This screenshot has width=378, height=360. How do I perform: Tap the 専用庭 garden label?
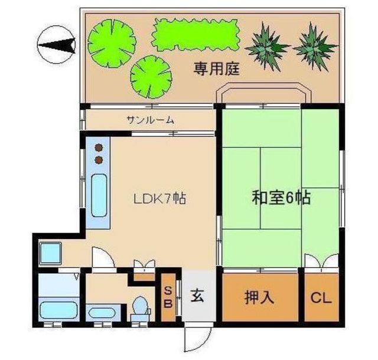tap(216, 69)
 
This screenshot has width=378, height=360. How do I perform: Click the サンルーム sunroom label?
tap(151, 120)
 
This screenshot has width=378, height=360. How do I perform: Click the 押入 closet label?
tap(259, 297)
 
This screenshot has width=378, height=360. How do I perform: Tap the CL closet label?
tap(322, 297)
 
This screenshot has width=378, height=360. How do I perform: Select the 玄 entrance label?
tap(197, 297)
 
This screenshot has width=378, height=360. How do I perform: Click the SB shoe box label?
tap(168, 297)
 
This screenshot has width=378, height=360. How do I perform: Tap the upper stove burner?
tap(99, 148)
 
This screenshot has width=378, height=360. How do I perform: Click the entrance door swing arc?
tap(195, 339)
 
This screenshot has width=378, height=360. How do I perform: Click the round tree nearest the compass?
tap(108, 41)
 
